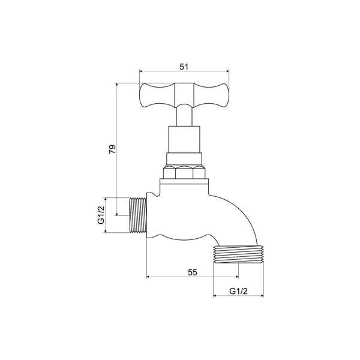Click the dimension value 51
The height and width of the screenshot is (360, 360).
(184, 67)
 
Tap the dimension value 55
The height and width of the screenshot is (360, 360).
(192, 272)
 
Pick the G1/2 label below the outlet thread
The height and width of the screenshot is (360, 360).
(239, 292)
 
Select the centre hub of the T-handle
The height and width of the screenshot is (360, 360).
(184, 94)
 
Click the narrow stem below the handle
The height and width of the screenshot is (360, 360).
(184, 116)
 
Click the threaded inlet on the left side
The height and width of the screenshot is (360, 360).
(138, 215)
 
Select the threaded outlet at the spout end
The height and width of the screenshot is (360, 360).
(238, 255)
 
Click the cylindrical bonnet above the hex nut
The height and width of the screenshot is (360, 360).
(184, 139)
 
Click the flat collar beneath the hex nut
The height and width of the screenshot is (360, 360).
(184, 182)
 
